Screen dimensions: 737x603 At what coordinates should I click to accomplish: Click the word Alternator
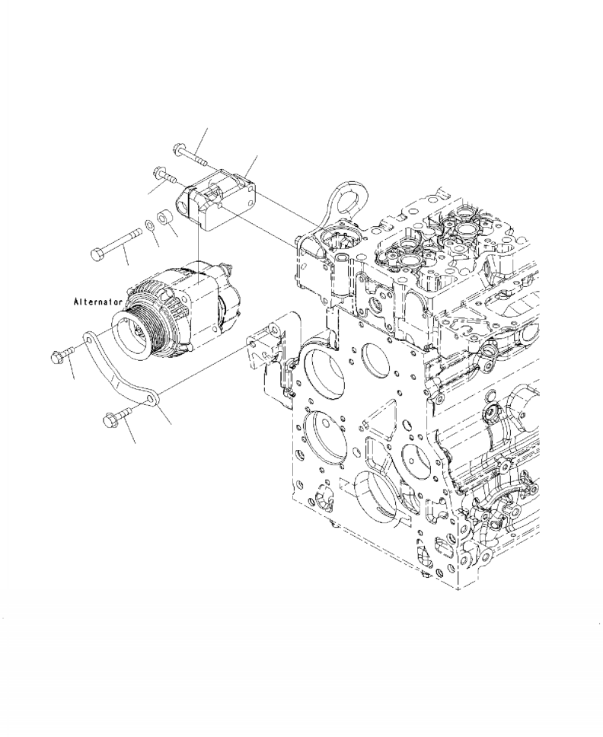coord(97,302)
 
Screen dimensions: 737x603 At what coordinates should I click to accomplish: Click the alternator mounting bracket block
coord(217,201)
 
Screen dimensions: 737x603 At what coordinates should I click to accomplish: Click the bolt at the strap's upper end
coord(62,354)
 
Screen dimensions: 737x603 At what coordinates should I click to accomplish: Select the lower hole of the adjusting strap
coord(152,397)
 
